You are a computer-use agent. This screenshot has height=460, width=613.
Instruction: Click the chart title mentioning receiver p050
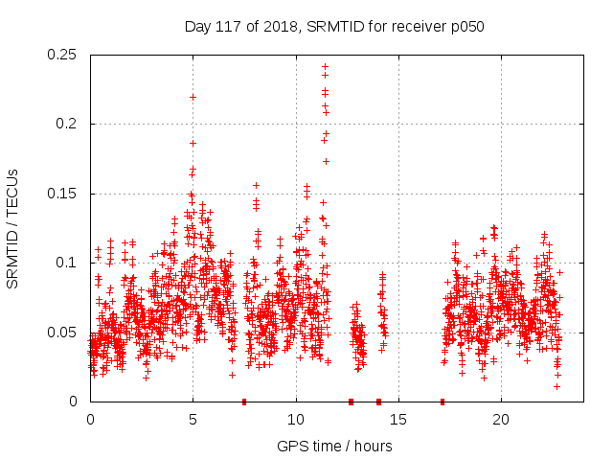[334, 26]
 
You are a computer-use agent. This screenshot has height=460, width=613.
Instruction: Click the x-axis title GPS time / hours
[334, 446]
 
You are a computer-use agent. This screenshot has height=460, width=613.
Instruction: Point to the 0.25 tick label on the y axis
[63, 55]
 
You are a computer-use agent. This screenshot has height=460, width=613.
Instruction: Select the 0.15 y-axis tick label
[63, 194]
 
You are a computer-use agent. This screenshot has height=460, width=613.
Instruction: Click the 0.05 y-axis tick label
[63, 333]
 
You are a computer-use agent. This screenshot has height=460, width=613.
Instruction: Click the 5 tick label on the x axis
[193, 419]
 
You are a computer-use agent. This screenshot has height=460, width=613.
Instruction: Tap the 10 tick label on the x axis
[296, 419]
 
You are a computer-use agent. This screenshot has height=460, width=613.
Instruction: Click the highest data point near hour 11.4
[325, 67]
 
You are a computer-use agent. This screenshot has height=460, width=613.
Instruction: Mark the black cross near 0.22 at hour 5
[193, 97]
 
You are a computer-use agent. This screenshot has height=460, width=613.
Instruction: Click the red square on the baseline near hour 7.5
[244, 402]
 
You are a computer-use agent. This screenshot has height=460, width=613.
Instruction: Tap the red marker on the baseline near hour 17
[443, 402]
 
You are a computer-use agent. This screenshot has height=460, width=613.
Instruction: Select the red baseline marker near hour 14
[378, 402]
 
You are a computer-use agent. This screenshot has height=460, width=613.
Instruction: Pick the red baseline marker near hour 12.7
[351, 402]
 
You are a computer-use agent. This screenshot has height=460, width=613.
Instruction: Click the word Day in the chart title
[197, 26]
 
